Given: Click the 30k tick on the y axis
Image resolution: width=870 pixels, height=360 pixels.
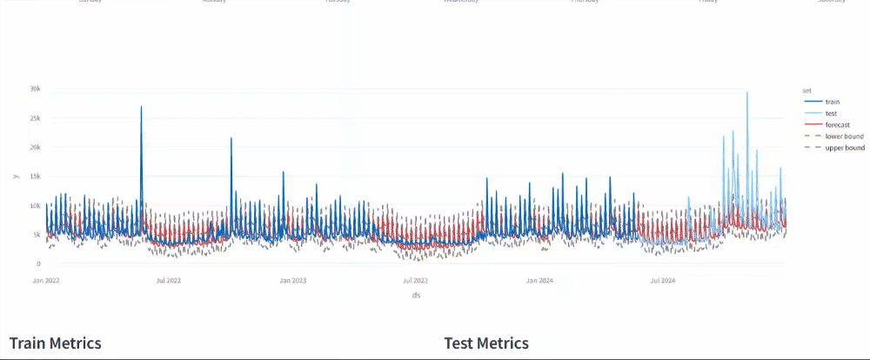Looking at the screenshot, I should point(35,89).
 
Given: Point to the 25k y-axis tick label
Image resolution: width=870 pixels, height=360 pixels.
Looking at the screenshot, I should point(35,118).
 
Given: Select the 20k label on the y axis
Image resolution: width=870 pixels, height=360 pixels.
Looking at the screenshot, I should point(35,147).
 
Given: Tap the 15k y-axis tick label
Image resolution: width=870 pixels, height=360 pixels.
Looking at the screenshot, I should point(35,177).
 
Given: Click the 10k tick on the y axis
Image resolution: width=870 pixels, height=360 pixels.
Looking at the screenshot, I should point(35,205).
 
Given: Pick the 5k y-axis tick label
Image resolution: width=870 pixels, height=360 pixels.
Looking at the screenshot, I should point(37,235).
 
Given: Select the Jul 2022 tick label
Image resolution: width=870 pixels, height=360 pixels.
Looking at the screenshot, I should point(168,281).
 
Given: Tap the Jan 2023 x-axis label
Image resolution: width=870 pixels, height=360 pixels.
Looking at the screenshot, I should point(293,281).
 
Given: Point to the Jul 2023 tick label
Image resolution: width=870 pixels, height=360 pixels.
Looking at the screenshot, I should point(416,281).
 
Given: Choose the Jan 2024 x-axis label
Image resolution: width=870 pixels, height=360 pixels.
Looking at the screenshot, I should point(540,281).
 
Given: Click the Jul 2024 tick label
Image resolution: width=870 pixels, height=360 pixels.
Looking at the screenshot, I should point(664,281).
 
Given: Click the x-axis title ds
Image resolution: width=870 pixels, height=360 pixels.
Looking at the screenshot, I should point(417,296).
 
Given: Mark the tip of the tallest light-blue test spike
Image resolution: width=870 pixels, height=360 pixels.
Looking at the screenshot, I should point(747,92).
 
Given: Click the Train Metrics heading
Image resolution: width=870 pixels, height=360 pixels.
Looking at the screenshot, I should point(55,343).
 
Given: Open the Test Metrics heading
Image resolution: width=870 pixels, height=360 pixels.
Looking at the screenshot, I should point(486,343).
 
